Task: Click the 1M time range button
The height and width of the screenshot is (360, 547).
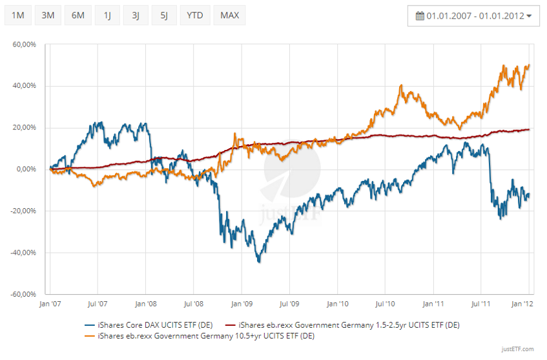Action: pyautogui.click(x=18, y=15)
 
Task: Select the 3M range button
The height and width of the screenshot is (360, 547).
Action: pyautogui.click(x=48, y=15)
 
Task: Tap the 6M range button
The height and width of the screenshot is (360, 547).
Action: pyautogui.click(x=77, y=15)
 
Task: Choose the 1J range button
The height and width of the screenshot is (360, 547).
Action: pyautogui.click(x=107, y=15)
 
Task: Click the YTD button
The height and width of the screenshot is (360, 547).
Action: pyautogui.click(x=194, y=15)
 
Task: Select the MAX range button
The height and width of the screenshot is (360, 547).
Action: pyautogui.click(x=229, y=15)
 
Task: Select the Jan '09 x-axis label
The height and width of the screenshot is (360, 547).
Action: pyautogui.click(x=241, y=302)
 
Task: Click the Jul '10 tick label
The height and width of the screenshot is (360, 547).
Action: pyautogui.click(x=386, y=302)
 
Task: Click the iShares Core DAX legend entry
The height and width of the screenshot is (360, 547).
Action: pyautogui.click(x=149, y=324)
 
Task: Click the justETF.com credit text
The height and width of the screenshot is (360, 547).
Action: pyautogui.click(x=517, y=350)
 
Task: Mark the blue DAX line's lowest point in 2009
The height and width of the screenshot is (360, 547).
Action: pyautogui.click(x=259, y=261)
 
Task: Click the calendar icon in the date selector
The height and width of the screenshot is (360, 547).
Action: pyautogui.click(x=420, y=16)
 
